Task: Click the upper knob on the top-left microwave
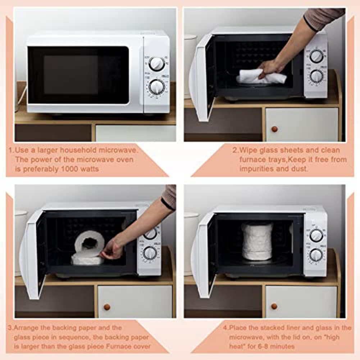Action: [x=157, y=64]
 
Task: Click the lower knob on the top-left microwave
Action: [x=157, y=87]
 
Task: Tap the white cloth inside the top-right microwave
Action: [x=261, y=77]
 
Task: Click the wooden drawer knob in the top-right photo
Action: [x=274, y=129]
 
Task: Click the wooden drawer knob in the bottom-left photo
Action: [x=107, y=307]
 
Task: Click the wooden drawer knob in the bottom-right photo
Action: [x=274, y=306]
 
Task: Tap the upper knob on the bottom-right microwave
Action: [x=316, y=235]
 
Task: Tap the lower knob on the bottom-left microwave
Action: [x=150, y=253]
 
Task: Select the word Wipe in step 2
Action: [x=247, y=150]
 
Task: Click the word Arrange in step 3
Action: [x=27, y=328]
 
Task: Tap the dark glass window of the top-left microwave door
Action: [x=78, y=75]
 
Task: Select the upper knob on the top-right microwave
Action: [x=316, y=56]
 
